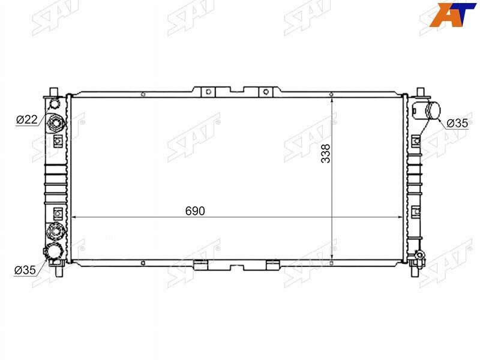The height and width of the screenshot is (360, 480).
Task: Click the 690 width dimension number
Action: (x=195, y=211)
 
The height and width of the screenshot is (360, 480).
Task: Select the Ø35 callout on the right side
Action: (x=457, y=124)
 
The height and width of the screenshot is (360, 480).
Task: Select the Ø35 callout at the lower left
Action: (x=25, y=269)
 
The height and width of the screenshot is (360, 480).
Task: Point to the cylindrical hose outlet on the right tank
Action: (x=430, y=111)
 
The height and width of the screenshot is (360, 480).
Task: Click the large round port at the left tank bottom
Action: (x=55, y=252)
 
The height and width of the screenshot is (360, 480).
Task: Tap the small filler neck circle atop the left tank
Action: (x=55, y=103)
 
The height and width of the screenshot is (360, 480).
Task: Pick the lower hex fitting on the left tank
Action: (x=56, y=230)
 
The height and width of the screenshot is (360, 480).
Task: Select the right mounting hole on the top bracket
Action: (x=265, y=91)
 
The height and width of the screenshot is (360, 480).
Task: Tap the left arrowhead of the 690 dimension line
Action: (x=74, y=217)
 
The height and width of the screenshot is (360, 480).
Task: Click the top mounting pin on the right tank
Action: (x=419, y=91)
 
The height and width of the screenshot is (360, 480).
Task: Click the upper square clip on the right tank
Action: (x=415, y=142)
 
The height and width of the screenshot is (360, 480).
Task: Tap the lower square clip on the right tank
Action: (x=415, y=210)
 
